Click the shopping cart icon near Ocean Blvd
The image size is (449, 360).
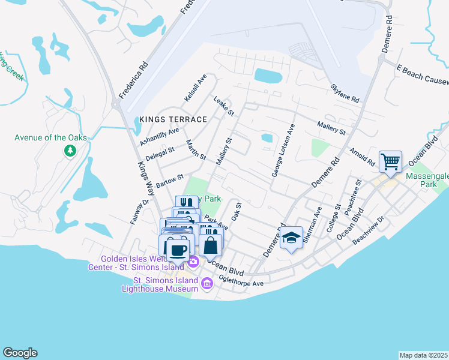click(391, 161)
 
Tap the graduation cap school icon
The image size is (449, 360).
click(291, 238)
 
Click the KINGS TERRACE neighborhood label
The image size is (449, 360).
click(173, 119)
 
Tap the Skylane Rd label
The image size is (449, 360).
click(344, 93)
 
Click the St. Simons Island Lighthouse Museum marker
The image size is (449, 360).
click(207, 283)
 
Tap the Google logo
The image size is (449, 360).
click(20, 353)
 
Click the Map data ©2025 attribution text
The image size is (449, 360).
click(423, 355)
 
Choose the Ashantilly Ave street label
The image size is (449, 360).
click(159, 137)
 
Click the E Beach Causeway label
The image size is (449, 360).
click(422, 75)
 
